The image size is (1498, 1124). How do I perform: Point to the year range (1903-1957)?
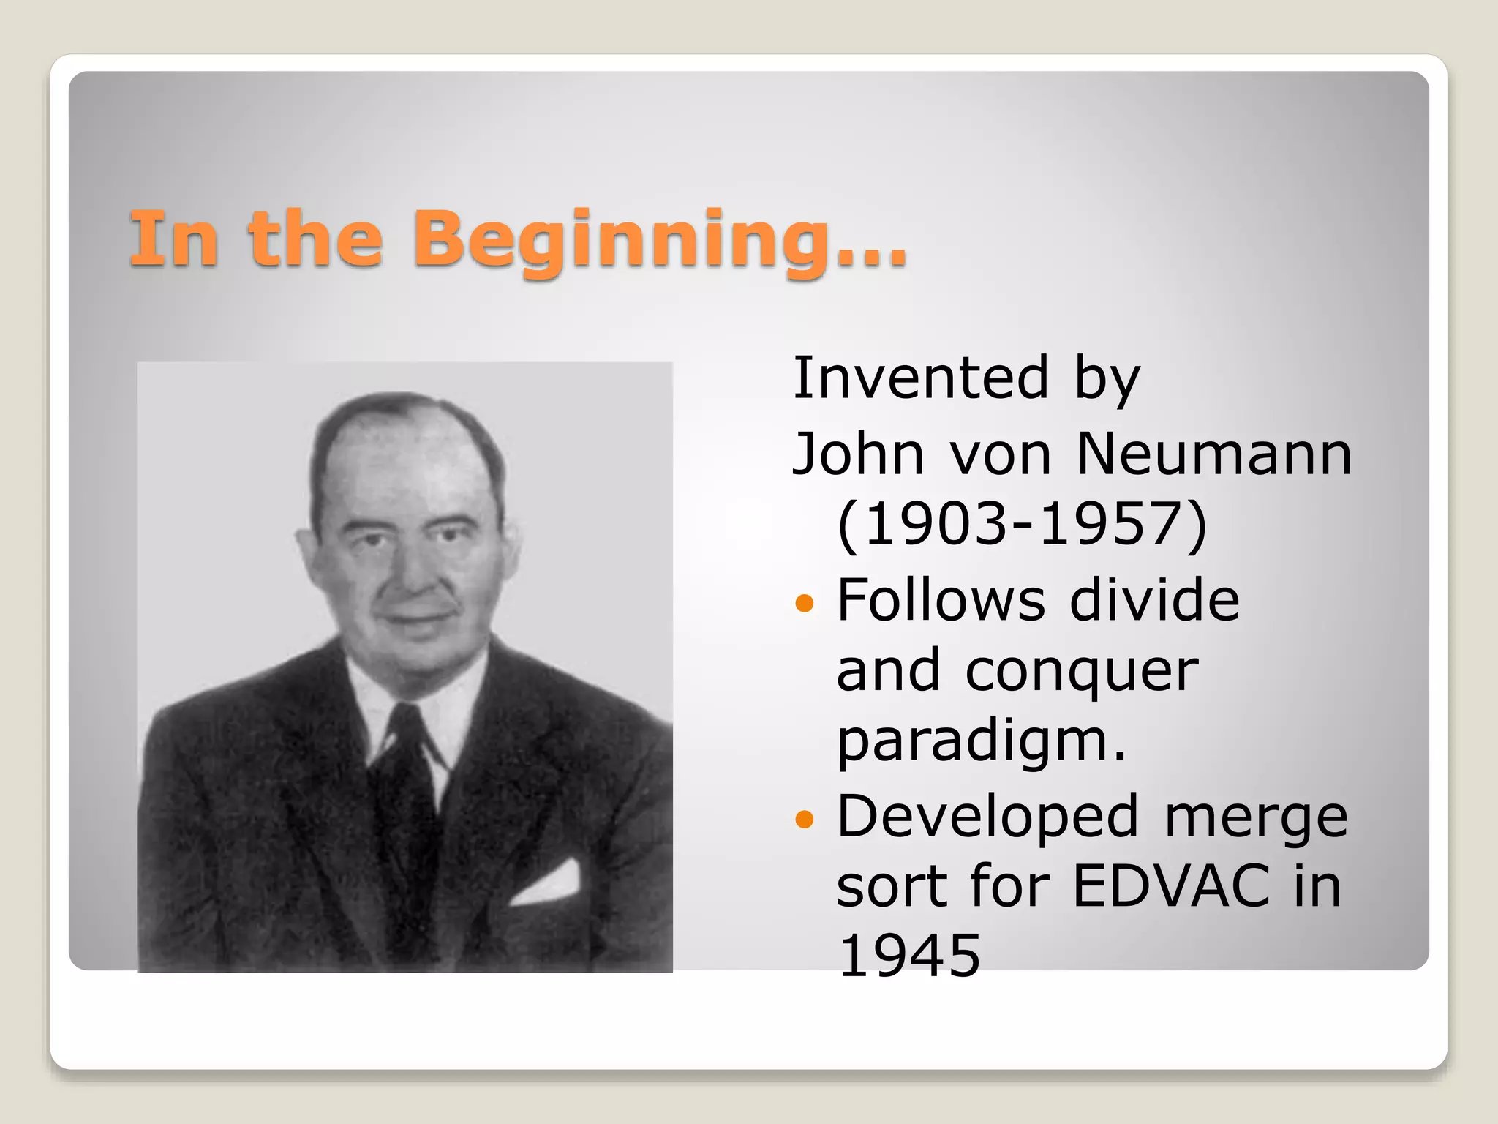point(1021,525)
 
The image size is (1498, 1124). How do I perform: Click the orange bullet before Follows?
point(804,604)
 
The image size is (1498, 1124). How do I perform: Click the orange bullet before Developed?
point(804,820)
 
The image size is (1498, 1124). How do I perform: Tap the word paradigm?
point(980,743)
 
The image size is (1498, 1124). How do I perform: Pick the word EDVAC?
point(1170,886)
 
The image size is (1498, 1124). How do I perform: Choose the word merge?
point(1255,818)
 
